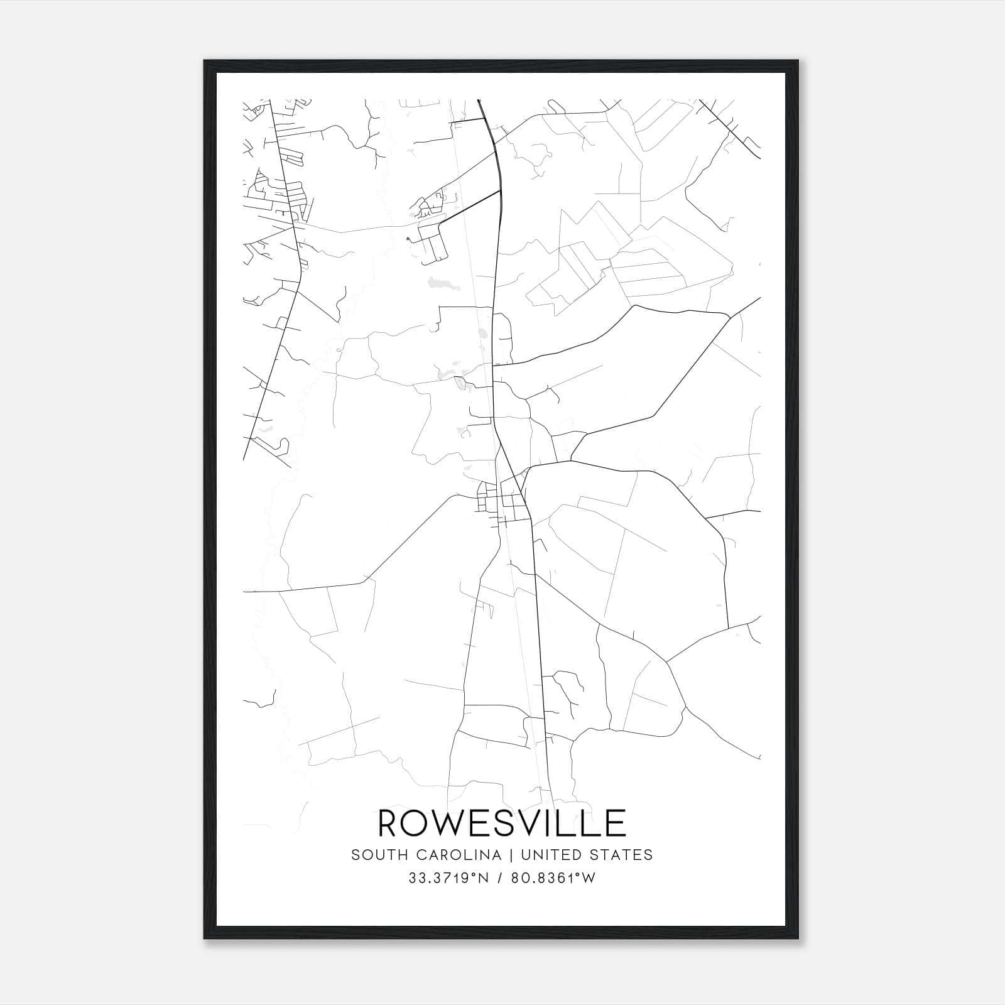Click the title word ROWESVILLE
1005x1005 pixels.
[x=502, y=823]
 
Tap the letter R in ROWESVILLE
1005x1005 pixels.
[x=389, y=823]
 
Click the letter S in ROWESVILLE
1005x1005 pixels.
[x=508, y=823]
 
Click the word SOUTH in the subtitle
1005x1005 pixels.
[x=374, y=855]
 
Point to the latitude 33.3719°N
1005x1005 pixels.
[x=448, y=878]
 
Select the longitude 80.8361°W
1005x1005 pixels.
[x=553, y=878]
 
